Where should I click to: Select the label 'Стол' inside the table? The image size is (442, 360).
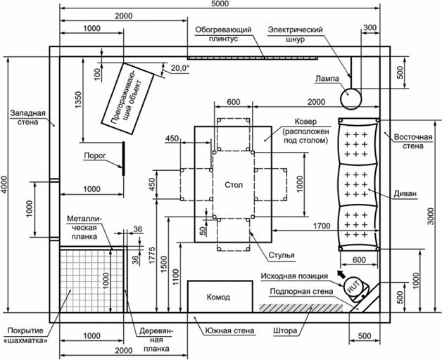pos(234,185)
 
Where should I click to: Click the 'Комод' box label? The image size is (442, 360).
pos(218,297)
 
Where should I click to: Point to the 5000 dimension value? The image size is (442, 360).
pos(220,4)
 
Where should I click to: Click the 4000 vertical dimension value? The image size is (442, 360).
pos(4,185)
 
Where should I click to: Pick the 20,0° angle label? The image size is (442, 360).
pos(180,68)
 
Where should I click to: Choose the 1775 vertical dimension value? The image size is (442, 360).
pos(152,255)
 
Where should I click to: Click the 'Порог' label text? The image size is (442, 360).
pos(95,155)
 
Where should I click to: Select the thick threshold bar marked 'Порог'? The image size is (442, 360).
pos(123,159)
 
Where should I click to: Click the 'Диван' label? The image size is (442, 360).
pos(405,194)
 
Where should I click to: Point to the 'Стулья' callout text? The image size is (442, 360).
pos(282,255)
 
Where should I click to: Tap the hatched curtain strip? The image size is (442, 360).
pos(301,308)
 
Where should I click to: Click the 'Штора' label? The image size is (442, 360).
pos(285,330)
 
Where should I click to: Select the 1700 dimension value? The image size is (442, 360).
pos(322,226)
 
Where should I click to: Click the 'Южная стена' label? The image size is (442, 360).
pos(229,330)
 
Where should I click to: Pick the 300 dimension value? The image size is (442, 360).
pos(370,27)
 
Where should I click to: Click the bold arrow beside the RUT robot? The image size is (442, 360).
pos(341,274)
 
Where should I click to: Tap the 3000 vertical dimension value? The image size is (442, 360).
pos(431,216)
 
